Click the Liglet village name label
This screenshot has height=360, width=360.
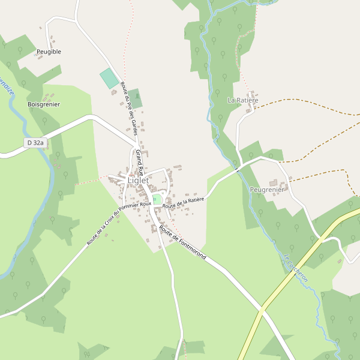pyautogui.click(x=137, y=180)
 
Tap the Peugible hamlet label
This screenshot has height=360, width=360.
pyautogui.click(x=49, y=52)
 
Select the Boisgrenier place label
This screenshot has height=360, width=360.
pyautogui.click(x=44, y=104)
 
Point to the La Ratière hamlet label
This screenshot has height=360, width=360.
pyautogui.click(x=242, y=100)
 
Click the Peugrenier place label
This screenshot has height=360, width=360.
pyautogui.click(x=266, y=190)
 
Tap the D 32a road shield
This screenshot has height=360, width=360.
pyautogui.click(x=36, y=143)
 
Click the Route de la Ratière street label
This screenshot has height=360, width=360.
pyautogui.click(x=184, y=202)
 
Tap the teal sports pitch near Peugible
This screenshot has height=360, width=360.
pyautogui.click(x=109, y=79)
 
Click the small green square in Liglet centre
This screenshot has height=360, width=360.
pyautogui.click(x=157, y=199)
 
